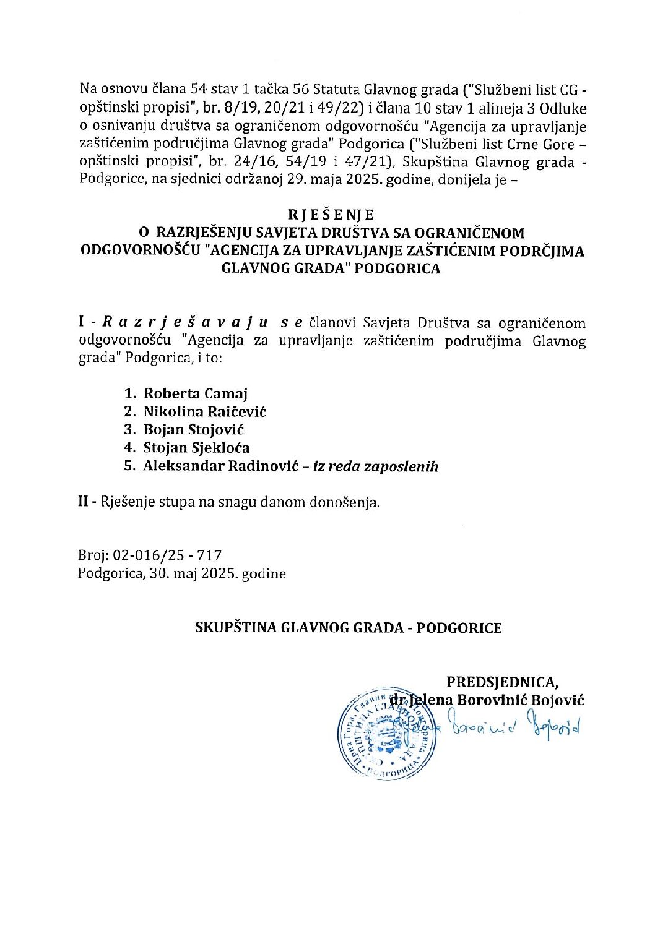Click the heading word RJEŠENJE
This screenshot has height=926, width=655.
pos(331,215)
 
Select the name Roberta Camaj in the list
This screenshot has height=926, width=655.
pos(196,393)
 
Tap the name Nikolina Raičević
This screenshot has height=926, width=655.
pos(205,411)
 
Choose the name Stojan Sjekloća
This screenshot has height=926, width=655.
pos(197,448)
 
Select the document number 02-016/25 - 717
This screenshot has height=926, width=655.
pos(168,555)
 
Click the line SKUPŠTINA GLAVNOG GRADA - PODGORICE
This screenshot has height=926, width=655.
pos(348,628)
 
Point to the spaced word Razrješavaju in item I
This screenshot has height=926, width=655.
pos(184,322)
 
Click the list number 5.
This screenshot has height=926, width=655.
pos(129,466)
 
